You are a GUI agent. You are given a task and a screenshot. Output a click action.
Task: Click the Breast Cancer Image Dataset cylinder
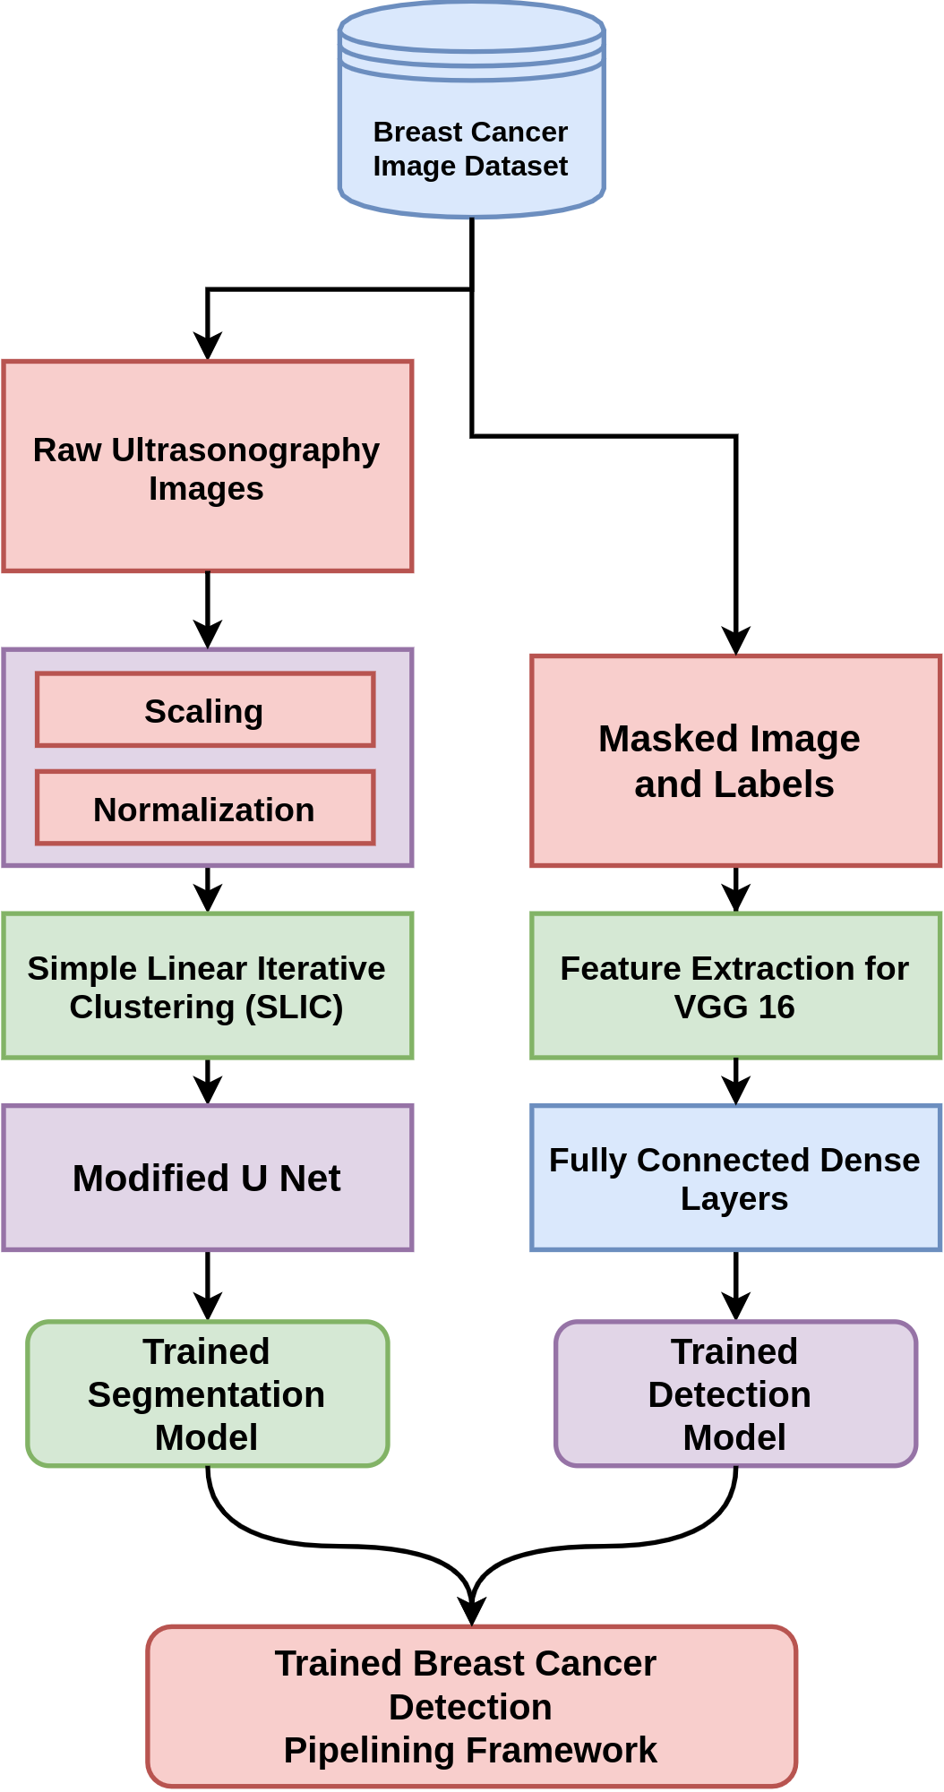[472, 109]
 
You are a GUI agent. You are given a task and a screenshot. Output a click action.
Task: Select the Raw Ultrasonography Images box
[208, 466]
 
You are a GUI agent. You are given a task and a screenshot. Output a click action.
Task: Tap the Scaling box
[205, 709]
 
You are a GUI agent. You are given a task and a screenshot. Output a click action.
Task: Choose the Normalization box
[205, 807]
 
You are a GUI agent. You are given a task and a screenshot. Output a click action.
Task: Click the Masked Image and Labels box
[736, 760]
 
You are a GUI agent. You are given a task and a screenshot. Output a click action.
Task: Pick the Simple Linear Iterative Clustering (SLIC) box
[208, 986]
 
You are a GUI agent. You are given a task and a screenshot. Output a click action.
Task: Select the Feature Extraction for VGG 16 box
[736, 986]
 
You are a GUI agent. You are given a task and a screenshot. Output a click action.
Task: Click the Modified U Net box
[208, 1178]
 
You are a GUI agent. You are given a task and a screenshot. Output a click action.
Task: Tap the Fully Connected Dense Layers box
[736, 1178]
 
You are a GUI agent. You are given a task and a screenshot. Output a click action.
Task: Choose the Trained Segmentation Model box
[208, 1393]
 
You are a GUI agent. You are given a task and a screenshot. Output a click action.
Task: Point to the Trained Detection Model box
[736, 1393]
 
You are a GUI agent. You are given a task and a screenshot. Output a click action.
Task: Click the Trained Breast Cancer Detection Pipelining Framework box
[472, 1706]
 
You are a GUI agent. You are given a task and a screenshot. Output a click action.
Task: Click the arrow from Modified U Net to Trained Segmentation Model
[208, 1285]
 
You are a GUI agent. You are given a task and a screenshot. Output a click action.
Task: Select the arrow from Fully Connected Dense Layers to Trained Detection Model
[736, 1285]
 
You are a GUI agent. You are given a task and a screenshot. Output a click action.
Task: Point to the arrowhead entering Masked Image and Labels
[736, 641]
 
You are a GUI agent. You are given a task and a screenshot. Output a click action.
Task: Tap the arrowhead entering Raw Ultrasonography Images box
[208, 347]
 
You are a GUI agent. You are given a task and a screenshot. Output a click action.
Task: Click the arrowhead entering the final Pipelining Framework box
[472, 1612]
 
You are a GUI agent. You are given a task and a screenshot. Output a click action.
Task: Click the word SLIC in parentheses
[295, 1007]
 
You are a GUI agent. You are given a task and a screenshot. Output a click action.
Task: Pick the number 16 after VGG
[777, 1007]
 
